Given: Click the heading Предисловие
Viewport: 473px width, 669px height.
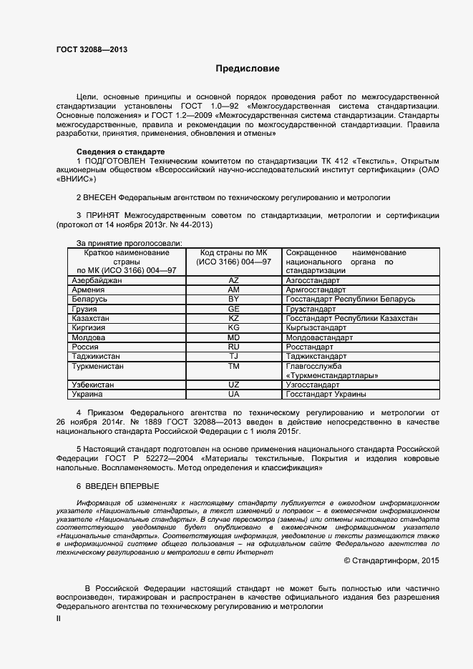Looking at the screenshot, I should coord(248,69).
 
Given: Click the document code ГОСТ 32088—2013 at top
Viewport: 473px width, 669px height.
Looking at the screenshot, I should coord(92,49).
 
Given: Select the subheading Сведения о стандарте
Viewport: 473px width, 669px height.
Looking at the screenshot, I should coord(120,152).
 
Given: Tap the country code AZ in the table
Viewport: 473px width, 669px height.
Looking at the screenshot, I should coord(233,281).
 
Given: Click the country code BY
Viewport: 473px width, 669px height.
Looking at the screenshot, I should coord(233,299).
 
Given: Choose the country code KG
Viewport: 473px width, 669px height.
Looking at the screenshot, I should coord(233,327).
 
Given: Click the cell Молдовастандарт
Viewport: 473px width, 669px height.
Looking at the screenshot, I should coord(319,337).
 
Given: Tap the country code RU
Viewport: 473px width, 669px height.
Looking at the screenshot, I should coord(233,346).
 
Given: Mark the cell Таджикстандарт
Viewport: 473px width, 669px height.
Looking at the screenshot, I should coord(316,356).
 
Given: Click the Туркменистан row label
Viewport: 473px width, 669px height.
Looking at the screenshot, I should coord(98,365).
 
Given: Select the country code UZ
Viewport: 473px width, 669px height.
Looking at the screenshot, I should coord(233,385).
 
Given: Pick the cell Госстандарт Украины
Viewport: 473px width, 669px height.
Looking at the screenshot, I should coord(326,394).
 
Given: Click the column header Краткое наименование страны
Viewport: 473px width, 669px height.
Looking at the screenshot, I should coord(127,262).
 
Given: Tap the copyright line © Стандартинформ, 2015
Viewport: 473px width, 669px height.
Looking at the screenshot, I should coord(391,561).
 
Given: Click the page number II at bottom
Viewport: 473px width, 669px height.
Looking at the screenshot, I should coord(59,618).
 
